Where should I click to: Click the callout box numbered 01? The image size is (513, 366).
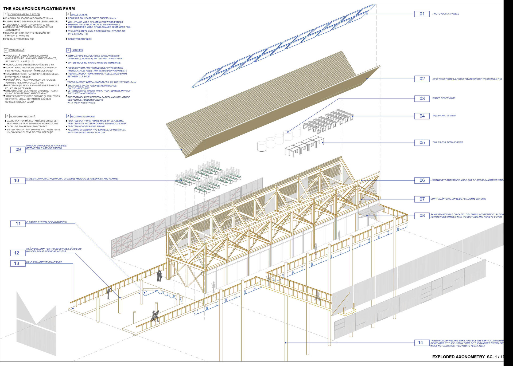coord(422,14)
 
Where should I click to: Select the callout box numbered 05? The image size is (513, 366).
coord(422,143)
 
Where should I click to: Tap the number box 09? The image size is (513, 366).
coord(18,149)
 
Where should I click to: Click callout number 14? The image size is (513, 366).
coord(420,343)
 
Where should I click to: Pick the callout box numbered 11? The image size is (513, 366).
coord(18,223)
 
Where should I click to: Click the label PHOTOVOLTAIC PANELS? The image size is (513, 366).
coord(445,14)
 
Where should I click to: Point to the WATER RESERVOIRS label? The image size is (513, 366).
coord(444,98)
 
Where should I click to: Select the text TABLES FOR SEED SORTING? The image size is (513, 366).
coord(448,142)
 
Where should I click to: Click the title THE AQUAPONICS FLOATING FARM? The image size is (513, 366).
coord(39,9)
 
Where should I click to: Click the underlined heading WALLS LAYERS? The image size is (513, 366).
coord(79,15)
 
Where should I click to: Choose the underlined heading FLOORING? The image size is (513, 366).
coord(77,50)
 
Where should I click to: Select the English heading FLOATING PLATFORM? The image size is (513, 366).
coord(83,117)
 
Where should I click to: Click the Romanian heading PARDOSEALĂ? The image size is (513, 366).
coord(17,50)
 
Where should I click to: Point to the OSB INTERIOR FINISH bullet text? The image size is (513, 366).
coord(80,39)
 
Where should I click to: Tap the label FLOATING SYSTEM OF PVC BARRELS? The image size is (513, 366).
coord(46,222)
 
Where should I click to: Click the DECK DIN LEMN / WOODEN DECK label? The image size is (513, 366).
coord(44,262)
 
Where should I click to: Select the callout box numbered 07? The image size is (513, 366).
coord(422,199)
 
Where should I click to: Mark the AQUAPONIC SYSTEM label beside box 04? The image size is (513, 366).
coord(444,116)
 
